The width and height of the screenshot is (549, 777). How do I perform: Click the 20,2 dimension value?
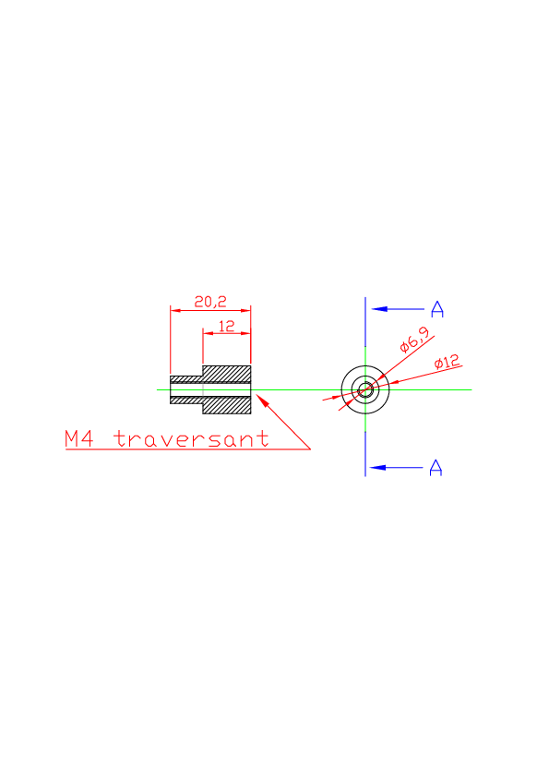(210, 301)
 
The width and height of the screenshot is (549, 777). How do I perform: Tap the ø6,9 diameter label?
(414, 340)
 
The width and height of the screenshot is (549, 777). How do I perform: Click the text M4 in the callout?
(78, 438)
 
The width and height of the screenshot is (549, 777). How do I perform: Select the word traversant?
(191, 438)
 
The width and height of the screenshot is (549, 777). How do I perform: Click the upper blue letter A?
(437, 309)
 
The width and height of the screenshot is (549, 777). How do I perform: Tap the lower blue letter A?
(436, 467)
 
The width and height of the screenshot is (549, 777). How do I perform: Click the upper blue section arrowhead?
(379, 309)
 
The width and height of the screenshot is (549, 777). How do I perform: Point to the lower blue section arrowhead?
(377, 467)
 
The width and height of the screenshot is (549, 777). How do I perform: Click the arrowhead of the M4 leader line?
(262, 400)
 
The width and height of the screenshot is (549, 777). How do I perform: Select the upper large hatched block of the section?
(226, 374)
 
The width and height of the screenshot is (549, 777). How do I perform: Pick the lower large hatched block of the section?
(226, 405)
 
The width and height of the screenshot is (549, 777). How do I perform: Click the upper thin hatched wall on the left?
(186, 379)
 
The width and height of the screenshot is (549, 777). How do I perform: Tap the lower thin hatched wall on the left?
(186, 400)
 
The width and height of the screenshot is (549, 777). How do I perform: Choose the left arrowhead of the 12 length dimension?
(208, 333)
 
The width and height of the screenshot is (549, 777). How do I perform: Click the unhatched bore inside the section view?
(210, 389)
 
